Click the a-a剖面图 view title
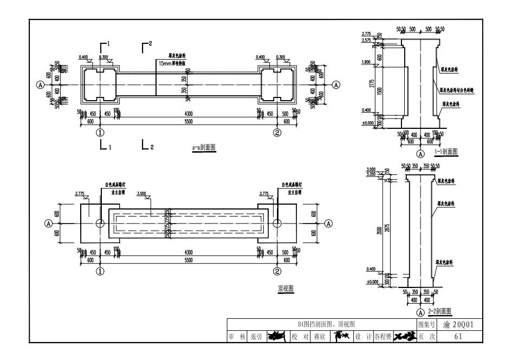click(x=204, y=147)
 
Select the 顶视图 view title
click(x=286, y=289)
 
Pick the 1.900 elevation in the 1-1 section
click(x=366, y=62)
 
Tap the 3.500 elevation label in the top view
click(x=142, y=193)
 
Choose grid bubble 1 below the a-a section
click(x=100, y=132)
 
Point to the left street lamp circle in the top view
click(x=101, y=223)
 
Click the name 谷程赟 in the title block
click(x=383, y=336)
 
